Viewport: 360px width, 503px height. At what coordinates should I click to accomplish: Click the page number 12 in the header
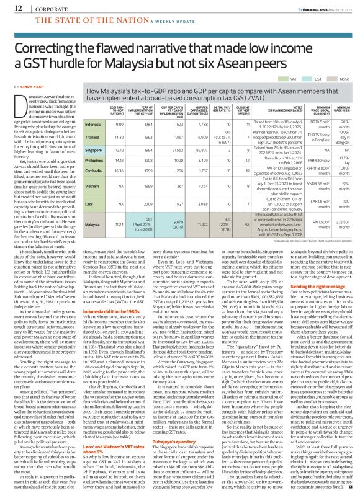pos(10,7)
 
